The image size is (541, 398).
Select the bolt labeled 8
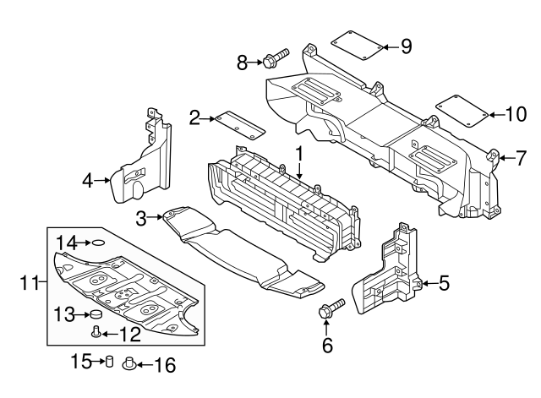(275, 58)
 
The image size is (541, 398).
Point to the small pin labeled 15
(108, 363)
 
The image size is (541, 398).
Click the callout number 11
(27, 284)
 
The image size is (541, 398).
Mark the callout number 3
(140, 219)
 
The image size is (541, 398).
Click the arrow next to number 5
(428, 283)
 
